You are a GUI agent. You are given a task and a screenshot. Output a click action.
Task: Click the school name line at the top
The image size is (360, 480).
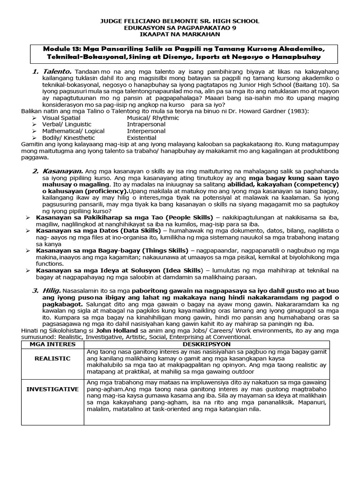(x=180, y=22)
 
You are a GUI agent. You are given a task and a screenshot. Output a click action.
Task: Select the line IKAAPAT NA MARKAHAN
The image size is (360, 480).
(x=180, y=35)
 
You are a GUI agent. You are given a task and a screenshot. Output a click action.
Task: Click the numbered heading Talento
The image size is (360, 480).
(x=58, y=71)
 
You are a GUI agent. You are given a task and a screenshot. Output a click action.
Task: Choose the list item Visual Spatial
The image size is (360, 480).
(x=61, y=118)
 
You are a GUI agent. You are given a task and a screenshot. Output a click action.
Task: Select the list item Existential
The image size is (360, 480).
(x=142, y=138)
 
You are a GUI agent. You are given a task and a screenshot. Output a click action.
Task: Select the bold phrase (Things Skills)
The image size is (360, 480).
(x=162, y=250)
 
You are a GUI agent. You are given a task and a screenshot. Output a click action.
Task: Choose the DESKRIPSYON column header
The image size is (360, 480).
(x=206, y=344)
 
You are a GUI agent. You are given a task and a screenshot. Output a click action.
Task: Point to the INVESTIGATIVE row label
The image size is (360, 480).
(x=52, y=389)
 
